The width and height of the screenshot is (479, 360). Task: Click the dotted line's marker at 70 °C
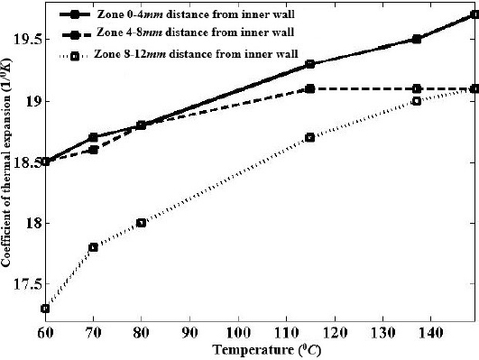(x=93, y=247)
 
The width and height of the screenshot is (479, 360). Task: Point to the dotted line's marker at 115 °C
(x=309, y=137)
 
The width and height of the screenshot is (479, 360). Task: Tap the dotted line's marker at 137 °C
(x=416, y=101)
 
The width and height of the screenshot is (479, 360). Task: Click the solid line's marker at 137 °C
(x=416, y=40)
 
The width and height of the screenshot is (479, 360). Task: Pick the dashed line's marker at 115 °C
(x=309, y=88)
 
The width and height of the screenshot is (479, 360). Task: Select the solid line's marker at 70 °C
(x=93, y=137)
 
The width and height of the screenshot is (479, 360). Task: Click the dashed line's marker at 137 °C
(x=416, y=88)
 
